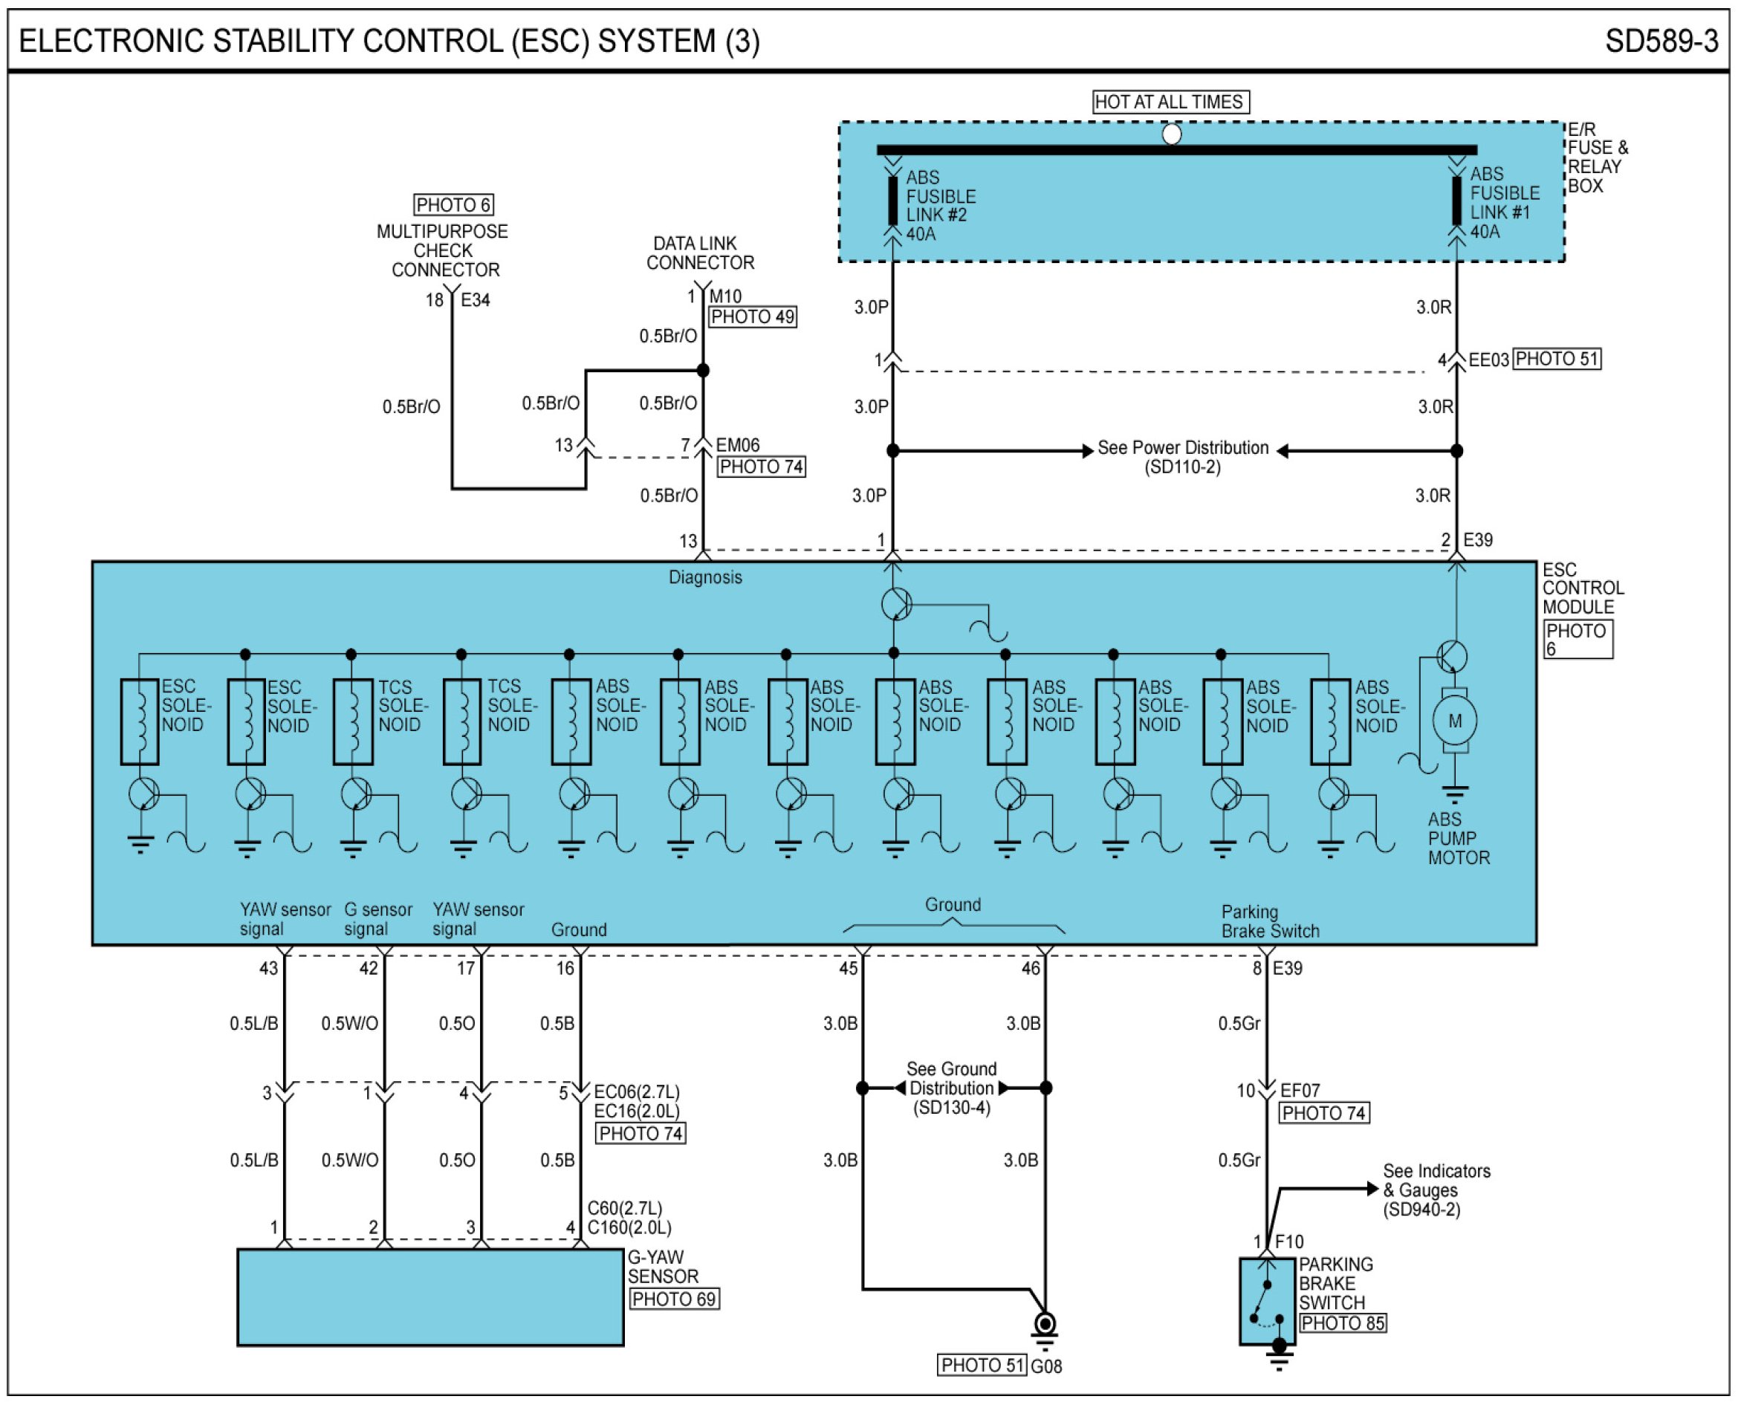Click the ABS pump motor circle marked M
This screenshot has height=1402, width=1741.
(x=1454, y=721)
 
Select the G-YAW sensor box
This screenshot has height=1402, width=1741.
(x=430, y=1298)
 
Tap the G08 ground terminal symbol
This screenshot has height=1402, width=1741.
(x=1045, y=1327)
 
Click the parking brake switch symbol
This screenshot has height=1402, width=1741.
(x=1267, y=1302)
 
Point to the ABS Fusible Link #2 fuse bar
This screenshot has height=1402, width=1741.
(x=892, y=201)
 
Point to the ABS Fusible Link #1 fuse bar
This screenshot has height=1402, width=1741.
(x=1456, y=201)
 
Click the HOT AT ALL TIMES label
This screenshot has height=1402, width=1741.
(x=1170, y=102)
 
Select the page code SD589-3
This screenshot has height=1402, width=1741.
(x=1661, y=41)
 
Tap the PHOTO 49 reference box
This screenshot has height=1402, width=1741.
(x=753, y=317)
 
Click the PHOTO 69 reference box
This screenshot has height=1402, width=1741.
(x=674, y=1299)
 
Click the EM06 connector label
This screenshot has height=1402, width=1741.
(x=738, y=445)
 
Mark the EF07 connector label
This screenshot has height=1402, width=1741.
(x=1300, y=1091)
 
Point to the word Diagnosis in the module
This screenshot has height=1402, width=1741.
(x=705, y=577)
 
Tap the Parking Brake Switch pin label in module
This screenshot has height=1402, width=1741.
(x=1270, y=921)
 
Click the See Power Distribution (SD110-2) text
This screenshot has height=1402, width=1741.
(x=1183, y=457)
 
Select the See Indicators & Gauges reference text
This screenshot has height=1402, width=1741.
(x=1436, y=1190)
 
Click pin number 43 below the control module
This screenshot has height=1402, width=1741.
(x=268, y=968)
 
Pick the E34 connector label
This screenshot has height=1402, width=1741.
(x=476, y=300)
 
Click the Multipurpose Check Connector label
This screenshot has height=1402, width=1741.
(x=443, y=250)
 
